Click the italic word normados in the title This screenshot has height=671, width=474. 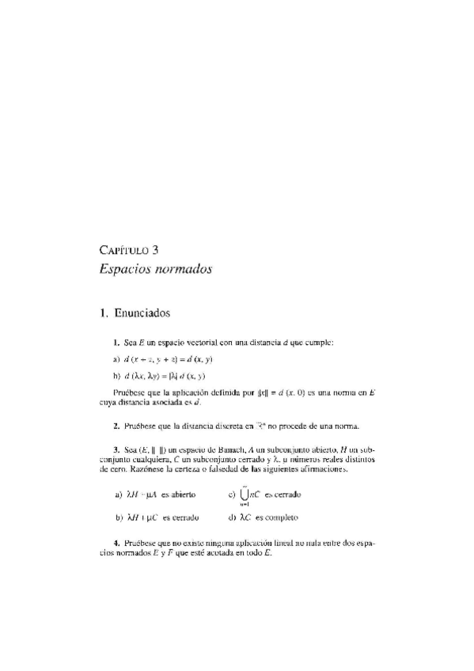[x=182, y=269]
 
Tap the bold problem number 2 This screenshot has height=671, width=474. [x=116, y=426]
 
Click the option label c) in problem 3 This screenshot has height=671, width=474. [x=230, y=495]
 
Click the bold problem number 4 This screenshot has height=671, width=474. [x=116, y=544]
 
